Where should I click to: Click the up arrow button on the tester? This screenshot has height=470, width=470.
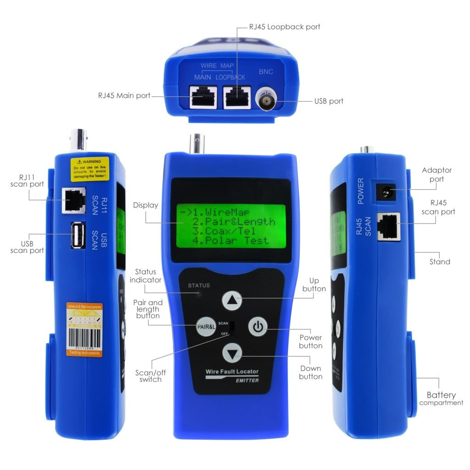pos(232,301)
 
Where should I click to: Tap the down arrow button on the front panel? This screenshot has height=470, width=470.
pos(232,354)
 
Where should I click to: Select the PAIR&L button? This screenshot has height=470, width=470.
pos(206,327)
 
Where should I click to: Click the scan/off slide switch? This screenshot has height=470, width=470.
pos(232,328)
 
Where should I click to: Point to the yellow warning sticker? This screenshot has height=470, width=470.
pos(90,169)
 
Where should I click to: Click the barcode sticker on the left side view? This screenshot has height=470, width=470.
pos(84,330)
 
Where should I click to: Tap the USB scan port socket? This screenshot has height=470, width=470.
pos(78,235)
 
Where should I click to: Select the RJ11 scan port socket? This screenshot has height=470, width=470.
pos(73,201)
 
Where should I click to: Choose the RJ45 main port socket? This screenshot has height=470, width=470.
pos(203,97)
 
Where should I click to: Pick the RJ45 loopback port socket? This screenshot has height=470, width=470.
pos(237,97)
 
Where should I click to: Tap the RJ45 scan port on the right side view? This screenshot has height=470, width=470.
pos(388,226)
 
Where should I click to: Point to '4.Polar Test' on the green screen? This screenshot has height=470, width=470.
pos(230,241)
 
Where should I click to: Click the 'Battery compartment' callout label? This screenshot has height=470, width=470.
pos(441,398)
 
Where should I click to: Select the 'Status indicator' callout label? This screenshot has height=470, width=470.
pos(145,276)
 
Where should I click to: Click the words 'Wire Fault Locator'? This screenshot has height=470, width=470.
pos(232,371)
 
